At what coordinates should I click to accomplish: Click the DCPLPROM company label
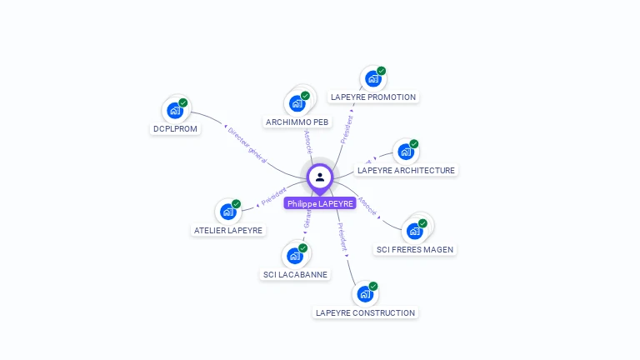pyautogui.click(x=175, y=129)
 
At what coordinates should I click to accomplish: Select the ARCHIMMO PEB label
pyautogui.click(x=297, y=122)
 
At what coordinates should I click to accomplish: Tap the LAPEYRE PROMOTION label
pyautogui.click(x=373, y=97)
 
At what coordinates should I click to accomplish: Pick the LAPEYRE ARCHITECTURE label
pyautogui.click(x=406, y=171)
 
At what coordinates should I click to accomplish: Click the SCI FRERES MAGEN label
pyautogui.click(x=415, y=249)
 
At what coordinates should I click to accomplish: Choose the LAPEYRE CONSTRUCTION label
pyautogui.click(x=365, y=313)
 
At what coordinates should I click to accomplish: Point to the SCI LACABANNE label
pyautogui.click(x=296, y=274)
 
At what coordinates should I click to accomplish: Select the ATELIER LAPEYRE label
pyautogui.click(x=228, y=231)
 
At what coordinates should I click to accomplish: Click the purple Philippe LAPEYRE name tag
pyautogui.click(x=320, y=203)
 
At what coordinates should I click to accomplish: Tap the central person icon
pyautogui.click(x=320, y=177)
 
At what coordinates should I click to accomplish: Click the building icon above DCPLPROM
pyautogui.click(x=174, y=110)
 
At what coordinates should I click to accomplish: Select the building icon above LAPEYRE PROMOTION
pyautogui.click(x=372, y=78)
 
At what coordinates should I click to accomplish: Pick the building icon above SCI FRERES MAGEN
pyautogui.click(x=413, y=230)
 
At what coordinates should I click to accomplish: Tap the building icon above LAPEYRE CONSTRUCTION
pyautogui.click(x=364, y=294)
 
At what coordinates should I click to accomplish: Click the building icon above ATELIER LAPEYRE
pyautogui.click(x=227, y=212)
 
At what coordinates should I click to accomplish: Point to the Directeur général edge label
pyautogui.click(x=247, y=144)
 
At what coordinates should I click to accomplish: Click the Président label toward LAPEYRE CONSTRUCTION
pyautogui.click(x=342, y=237)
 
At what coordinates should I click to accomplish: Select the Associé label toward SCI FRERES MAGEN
pyautogui.click(x=367, y=207)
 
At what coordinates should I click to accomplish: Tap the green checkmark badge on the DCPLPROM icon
pyautogui.click(x=183, y=103)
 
